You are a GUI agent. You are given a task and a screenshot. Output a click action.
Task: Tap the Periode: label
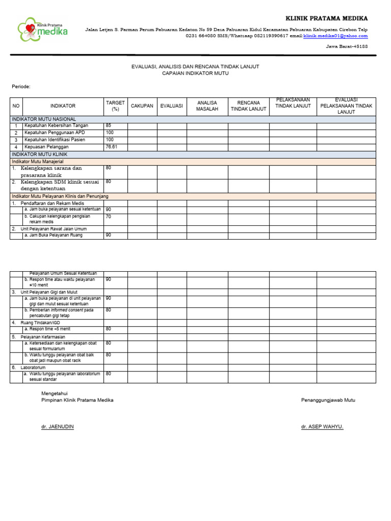coord(21,86)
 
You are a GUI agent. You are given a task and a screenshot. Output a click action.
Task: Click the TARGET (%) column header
coord(115,106)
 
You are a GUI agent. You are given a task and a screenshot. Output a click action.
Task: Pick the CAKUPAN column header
coord(142,106)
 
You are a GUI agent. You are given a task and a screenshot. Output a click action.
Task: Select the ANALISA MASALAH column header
coord(207,106)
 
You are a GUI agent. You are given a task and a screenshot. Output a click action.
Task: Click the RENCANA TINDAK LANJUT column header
coord(248,106)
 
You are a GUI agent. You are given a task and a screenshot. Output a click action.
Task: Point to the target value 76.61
coord(111,147)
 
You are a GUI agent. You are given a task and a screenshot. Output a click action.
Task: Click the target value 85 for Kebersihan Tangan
coord(108,125)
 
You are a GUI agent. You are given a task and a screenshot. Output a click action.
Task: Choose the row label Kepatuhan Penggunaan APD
coord(55,132)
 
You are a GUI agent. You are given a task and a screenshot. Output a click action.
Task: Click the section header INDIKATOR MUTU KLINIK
coord(39,154)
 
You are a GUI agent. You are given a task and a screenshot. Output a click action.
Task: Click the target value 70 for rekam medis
coord(108,216)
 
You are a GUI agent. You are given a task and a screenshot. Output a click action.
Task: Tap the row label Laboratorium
coord(34,367)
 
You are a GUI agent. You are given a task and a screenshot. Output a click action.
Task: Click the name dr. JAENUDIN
coord(58,427)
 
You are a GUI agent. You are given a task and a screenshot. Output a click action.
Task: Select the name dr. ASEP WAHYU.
coord(322,427)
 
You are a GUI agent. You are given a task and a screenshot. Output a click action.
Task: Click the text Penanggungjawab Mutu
coord(328,400)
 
